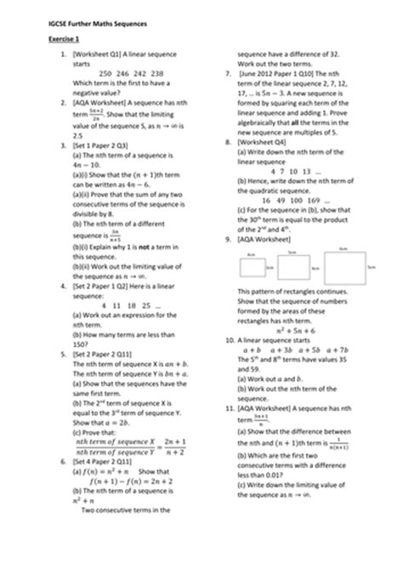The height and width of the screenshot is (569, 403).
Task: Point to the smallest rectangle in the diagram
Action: [252, 269]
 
